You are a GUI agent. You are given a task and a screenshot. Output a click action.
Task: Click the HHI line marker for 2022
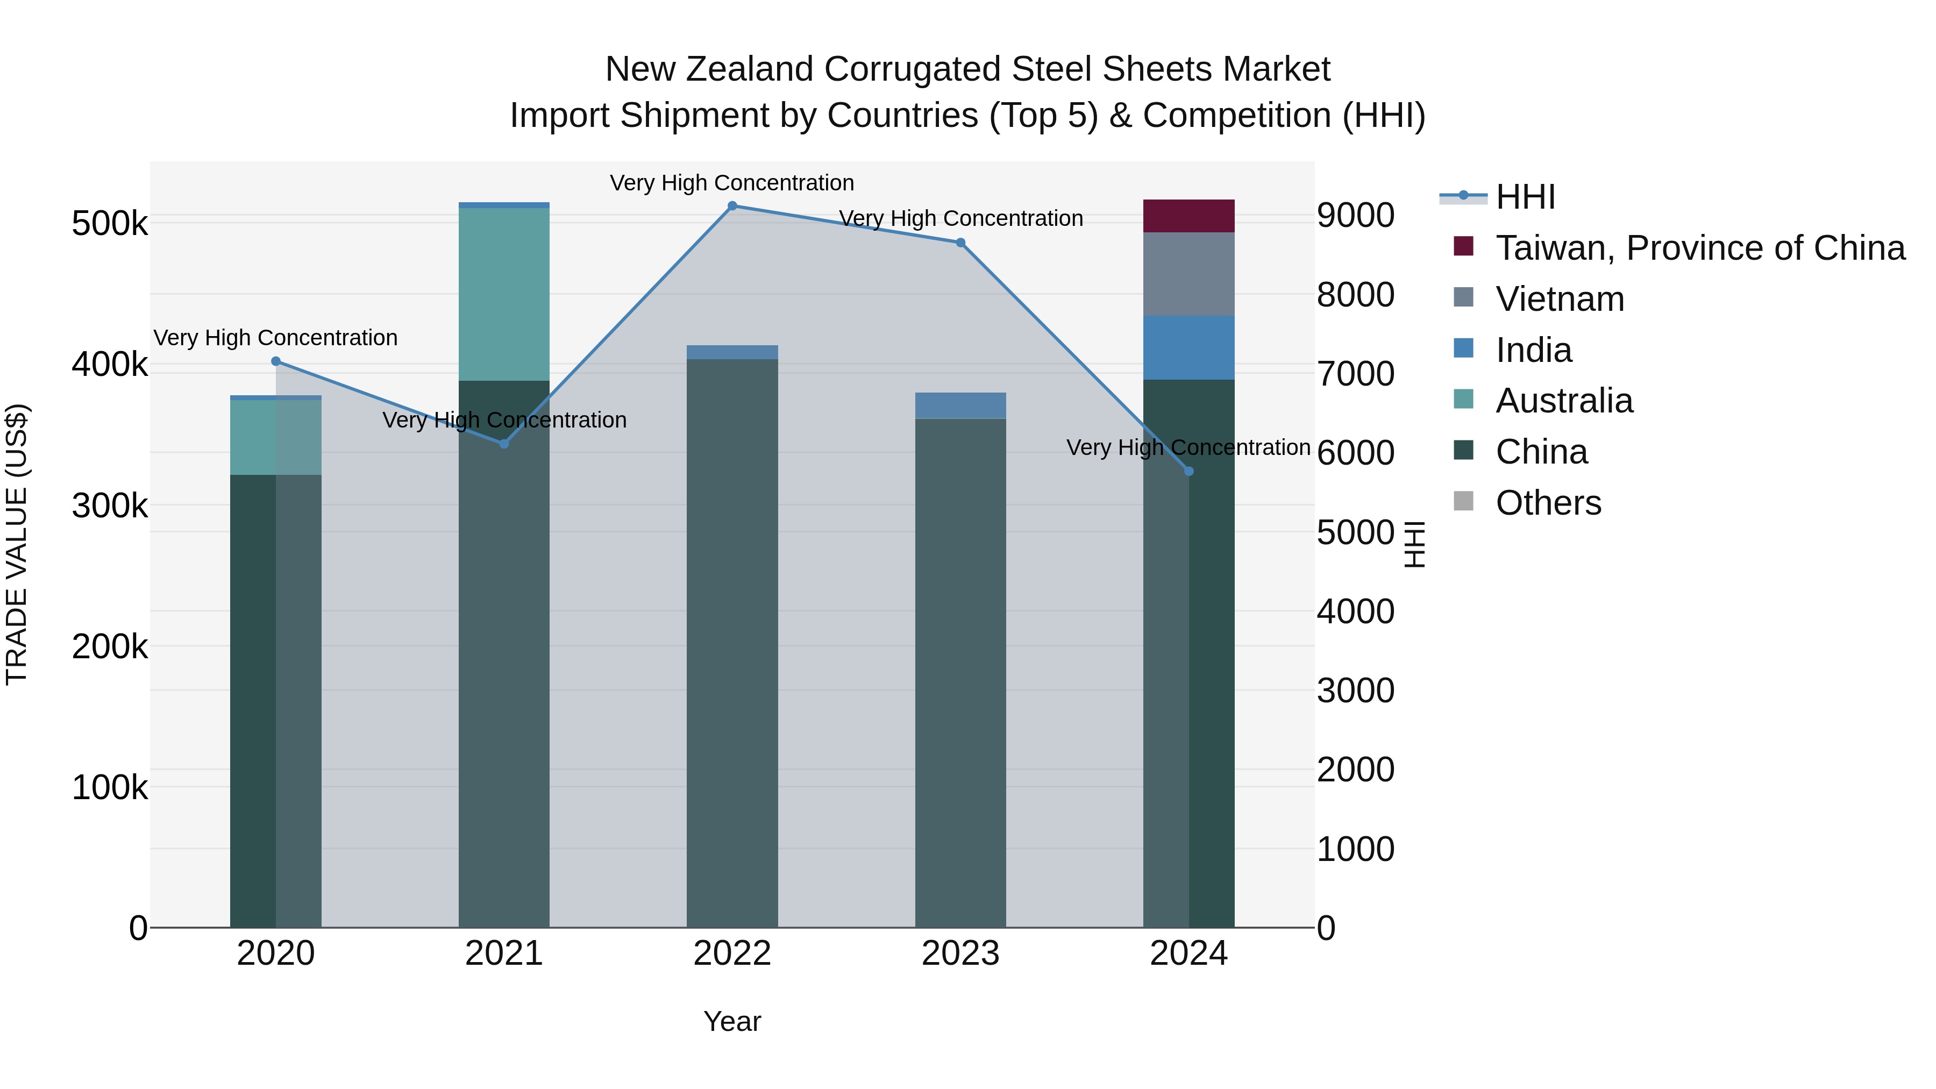[x=732, y=206]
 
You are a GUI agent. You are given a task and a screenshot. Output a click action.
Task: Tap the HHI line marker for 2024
[x=1188, y=471]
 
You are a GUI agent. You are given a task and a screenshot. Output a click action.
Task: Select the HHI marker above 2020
[x=276, y=361]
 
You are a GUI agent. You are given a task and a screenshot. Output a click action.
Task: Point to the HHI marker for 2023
[x=960, y=243]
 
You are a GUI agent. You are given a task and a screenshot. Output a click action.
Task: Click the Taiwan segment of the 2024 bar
[x=1188, y=216]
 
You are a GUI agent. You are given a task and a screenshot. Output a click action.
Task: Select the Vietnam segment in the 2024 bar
[x=1188, y=274]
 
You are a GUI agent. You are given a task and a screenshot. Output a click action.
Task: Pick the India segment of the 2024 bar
[x=1188, y=348]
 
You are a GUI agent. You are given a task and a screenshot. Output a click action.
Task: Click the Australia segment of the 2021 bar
[x=503, y=294]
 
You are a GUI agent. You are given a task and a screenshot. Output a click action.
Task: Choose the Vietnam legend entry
[x=1560, y=299]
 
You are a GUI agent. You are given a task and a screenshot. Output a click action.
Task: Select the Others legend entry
[x=1548, y=503]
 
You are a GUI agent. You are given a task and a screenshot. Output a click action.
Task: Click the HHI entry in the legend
[x=1525, y=197]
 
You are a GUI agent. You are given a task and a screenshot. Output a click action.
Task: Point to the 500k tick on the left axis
[x=110, y=223]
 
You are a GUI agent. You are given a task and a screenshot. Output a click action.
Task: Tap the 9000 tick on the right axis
[x=1355, y=216]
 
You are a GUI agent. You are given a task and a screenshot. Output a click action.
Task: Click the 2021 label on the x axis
[x=503, y=953]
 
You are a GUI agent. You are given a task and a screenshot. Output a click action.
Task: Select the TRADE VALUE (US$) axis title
[x=17, y=544]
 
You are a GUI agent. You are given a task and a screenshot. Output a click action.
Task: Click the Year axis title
[x=732, y=1021]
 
